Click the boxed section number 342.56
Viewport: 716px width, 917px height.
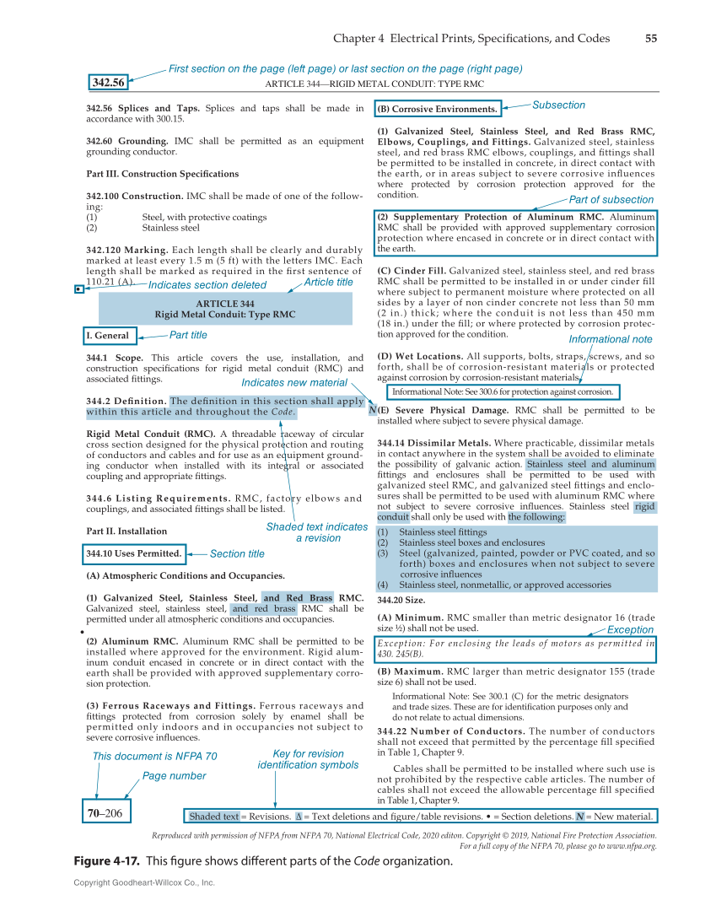[x=109, y=83]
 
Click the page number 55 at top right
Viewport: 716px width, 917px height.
[x=651, y=38]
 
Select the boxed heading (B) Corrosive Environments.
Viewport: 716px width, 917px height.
[x=438, y=109]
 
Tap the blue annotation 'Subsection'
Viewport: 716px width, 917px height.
[x=558, y=105]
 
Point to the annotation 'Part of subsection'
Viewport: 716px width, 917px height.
[x=611, y=200]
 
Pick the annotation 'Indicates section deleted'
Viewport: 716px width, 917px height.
[x=207, y=285]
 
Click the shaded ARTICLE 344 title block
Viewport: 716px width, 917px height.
[x=224, y=309]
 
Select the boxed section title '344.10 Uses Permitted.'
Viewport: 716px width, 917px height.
[x=134, y=553]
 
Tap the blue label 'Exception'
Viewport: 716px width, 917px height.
[x=630, y=629]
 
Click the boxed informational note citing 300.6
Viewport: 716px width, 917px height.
[x=503, y=391]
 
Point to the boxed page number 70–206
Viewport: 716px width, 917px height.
[x=105, y=813]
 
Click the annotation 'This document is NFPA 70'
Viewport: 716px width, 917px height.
[x=154, y=757]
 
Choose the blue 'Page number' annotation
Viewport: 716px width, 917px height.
[x=174, y=775]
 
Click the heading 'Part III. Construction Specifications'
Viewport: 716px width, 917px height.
[x=162, y=174]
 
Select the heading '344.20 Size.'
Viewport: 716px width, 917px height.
[x=401, y=600]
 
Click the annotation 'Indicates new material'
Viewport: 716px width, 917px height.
[x=293, y=382]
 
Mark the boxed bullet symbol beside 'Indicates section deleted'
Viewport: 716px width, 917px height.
[x=78, y=289]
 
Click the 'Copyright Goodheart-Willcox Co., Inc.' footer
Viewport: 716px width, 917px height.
[x=144, y=882]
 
